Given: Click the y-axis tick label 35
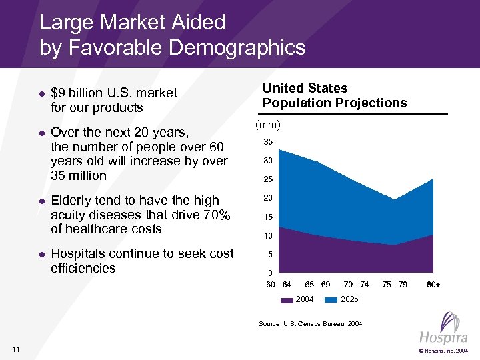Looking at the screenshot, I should tap(267, 142).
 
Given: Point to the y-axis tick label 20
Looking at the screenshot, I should tap(267, 198).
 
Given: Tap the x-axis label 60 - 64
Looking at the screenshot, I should tap(279, 285).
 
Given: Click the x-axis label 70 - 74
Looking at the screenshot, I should tap(356, 285).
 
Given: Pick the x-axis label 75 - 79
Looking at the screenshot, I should tap(395, 285).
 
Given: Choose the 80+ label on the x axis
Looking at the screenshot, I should tap(433, 285).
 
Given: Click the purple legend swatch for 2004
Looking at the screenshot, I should tap(286, 299).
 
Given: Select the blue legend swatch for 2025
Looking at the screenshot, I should tap(331, 299).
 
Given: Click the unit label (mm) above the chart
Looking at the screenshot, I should tap(269, 125).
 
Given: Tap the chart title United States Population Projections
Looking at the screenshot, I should tap(334, 95).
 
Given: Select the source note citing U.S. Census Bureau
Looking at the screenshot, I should tap(310, 324).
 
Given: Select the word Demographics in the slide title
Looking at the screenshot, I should tap(237, 48).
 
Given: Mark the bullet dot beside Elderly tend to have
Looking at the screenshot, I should tap(41, 201).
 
